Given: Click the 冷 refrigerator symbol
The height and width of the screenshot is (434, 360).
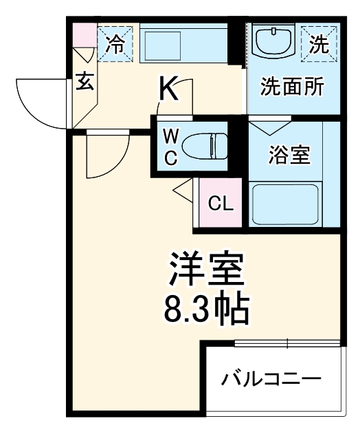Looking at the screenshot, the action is point(115,44).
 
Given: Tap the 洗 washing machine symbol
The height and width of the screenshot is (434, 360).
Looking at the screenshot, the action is point(319,44).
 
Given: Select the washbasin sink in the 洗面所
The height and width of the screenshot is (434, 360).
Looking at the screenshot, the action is point(273,42).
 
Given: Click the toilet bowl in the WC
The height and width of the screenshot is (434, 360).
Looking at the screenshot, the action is point(205,147).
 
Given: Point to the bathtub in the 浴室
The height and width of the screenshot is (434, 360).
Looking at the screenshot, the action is point(285,204).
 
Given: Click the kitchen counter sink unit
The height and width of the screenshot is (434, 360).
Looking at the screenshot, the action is point(183,43).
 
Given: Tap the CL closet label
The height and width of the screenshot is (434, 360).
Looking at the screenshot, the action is point(221,204).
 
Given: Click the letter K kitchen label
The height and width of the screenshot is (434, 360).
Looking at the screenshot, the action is point(168,89).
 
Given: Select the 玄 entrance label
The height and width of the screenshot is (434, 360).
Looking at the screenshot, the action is point(85,81).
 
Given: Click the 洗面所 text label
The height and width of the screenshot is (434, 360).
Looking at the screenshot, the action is point(292,87).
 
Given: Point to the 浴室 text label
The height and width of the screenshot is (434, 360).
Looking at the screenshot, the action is point(289,155).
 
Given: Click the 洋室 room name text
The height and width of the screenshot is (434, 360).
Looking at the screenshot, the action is point(207,269).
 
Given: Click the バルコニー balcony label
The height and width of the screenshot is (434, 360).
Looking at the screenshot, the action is point(271,379).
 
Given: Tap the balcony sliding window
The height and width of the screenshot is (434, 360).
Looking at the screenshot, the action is point(287,343).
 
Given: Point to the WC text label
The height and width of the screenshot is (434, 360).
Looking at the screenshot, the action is point(171,147).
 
